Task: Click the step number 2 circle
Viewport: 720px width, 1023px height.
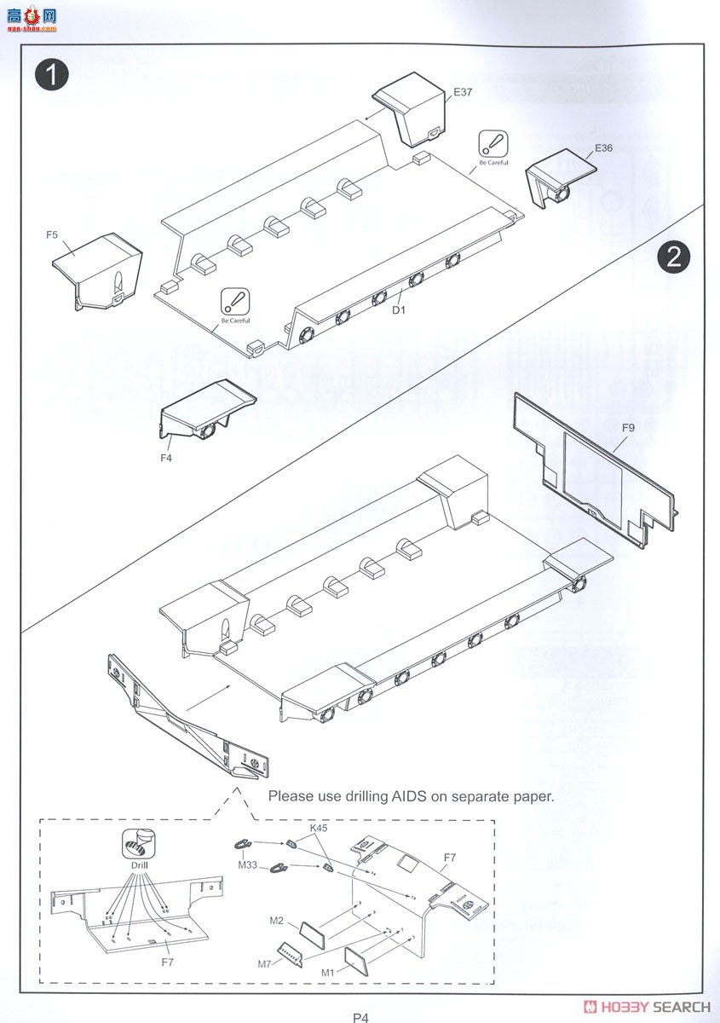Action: (x=673, y=257)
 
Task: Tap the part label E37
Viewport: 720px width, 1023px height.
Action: (x=463, y=92)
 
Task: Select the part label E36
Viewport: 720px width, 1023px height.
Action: (x=603, y=147)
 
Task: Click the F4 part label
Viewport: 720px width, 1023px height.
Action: (x=166, y=458)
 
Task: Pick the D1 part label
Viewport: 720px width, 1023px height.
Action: (x=399, y=310)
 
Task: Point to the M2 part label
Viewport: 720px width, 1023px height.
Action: (x=276, y=920)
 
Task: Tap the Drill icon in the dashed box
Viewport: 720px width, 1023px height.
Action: (x=138, y=845)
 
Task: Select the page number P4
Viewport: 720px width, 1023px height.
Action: (x=360, y=1016)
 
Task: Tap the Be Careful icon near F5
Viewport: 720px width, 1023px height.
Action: (x=235, y=303)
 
